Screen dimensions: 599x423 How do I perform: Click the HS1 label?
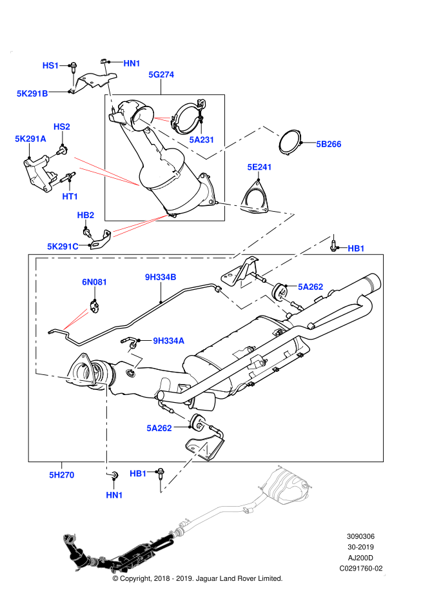coord(50,65)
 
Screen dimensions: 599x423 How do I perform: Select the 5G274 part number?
coord(161,74)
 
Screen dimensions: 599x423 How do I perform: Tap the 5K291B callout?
coord(32,94)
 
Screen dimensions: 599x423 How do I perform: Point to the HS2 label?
coord(61,127)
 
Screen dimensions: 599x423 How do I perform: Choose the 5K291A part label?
coord(30,139)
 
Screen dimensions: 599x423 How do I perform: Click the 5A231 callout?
coord(201,139)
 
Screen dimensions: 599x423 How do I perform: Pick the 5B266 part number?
coord(328,144)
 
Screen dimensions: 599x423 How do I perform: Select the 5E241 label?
coord(259,167)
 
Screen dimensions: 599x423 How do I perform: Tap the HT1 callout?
coord(70,196)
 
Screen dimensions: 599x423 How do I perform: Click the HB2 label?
coord(85,215)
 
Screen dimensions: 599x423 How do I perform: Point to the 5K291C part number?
coord(63,247)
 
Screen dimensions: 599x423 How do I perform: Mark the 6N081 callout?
coord(94,282)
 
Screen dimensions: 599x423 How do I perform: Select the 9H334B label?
coord(161,277)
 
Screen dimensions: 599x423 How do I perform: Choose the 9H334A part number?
coord(168,341)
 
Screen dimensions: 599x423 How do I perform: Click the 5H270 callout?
coord(61,475)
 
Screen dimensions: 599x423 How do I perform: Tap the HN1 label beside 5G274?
coord(132,63)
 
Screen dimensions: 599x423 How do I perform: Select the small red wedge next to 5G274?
coord(162,119)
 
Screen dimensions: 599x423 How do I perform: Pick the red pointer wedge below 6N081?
coord(76,320)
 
